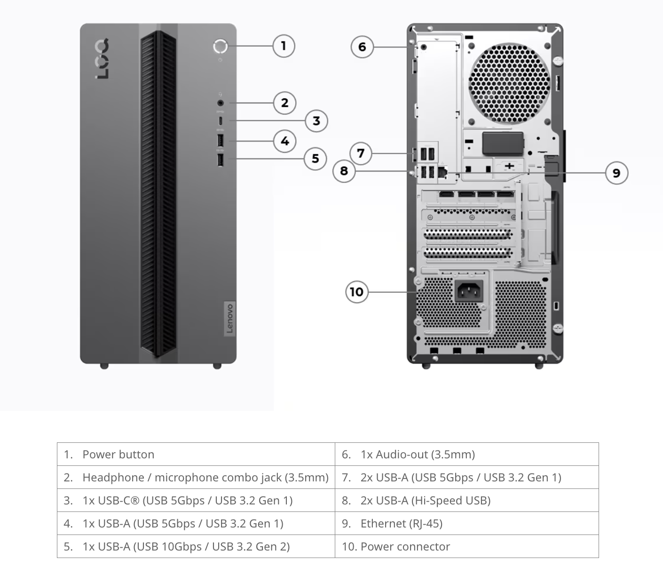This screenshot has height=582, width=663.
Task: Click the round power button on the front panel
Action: click(220, 46)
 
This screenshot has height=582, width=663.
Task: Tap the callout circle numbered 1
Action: click(284, 46)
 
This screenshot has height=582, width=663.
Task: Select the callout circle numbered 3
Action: click(316, 121)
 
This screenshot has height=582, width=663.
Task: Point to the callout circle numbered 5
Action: click(315, 159)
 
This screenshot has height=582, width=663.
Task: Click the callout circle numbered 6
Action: click(362, 47)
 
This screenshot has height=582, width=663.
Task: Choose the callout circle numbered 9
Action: click(616, 173)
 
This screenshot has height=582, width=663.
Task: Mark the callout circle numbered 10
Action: click(357, 292)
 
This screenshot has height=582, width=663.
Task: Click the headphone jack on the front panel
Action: click(221, 103)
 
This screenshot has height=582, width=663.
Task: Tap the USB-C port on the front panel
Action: click(221, 121)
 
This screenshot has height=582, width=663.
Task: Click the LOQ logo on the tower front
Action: click(102, 59)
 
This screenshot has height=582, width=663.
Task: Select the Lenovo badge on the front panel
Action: click(230, 318)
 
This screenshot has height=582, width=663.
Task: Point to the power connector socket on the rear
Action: click(469, 291)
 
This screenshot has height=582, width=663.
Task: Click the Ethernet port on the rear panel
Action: click(442, 172)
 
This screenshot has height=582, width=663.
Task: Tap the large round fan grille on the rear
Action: click(509, 84)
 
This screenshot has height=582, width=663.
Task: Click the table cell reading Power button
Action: click(196, 454)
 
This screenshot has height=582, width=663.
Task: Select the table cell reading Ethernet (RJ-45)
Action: click(467, 523)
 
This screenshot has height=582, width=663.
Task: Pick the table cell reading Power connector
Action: click(467, 546)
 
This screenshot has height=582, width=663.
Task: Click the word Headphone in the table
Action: click(113, 477)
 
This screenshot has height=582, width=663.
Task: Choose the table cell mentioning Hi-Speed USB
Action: click(467, 500)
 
